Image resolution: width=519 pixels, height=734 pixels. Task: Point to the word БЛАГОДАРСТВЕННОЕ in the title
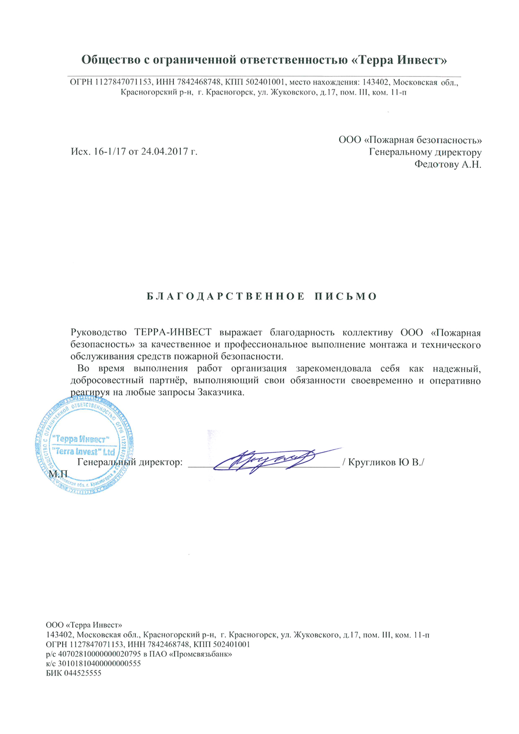226,297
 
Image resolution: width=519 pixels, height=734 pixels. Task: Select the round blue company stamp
84,445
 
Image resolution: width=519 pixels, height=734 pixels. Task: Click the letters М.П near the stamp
58,474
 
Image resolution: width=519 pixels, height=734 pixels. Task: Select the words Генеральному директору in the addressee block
425,152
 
